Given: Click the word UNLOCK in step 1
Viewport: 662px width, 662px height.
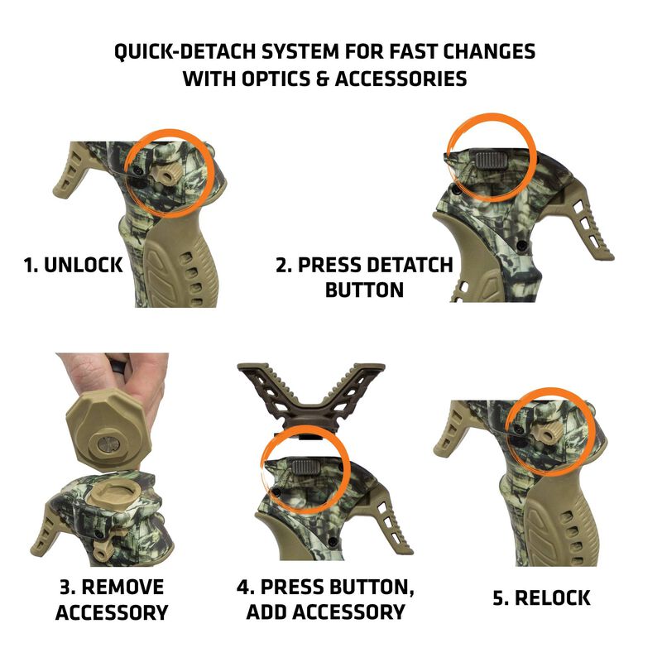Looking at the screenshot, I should (82, 266).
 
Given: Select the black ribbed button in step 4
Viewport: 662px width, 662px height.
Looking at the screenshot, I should (309, 465).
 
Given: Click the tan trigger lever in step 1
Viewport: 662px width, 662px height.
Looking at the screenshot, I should (75, 174).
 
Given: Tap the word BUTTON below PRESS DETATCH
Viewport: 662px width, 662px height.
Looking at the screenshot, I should (364, 290).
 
